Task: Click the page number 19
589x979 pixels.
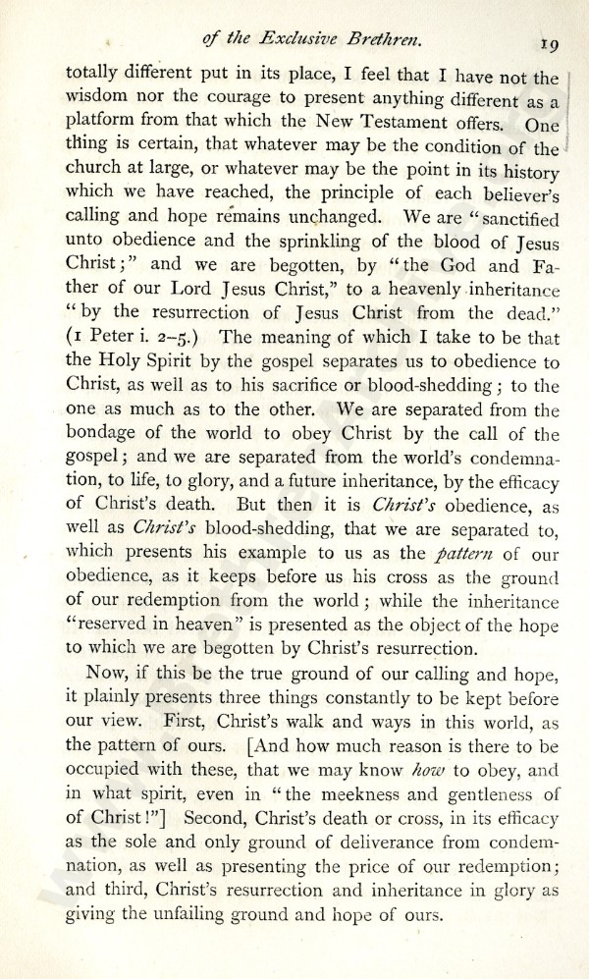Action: (548, 42)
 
